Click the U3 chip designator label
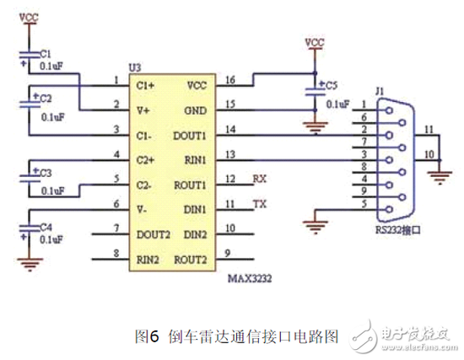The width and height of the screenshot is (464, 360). point(135,67)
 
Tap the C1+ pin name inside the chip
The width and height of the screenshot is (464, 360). point(144,84)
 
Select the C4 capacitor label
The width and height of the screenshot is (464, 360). point(45,227)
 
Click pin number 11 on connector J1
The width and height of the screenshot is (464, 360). point(429,130)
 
